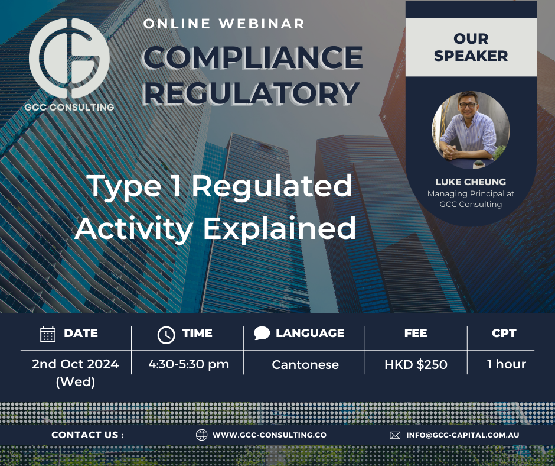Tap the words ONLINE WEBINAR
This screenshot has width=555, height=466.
coord(224,24)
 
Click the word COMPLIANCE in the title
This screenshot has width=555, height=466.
coord(253,57)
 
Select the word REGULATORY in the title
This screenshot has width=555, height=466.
coord(252,93)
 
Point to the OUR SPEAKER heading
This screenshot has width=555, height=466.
coord(471,47)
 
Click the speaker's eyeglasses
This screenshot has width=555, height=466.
coord(468,105)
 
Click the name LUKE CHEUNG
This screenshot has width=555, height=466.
coord(471,182)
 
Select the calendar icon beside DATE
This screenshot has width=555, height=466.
coord(48,334)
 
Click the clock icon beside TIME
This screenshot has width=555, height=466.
coord(166,335)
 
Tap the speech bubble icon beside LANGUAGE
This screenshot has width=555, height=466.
coord(262,334)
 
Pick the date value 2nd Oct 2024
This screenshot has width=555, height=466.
coord(76,364)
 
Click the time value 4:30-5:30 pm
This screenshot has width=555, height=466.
coord(189,364)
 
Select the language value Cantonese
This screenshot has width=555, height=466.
coord(305,364)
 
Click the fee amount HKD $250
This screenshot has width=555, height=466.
coord(416,364)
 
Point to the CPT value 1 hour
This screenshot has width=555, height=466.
coord(507,364)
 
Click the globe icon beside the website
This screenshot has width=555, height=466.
coord(202,435)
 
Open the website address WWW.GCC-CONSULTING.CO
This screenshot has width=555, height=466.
coord(269,435)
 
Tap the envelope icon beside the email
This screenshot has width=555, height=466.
coord(395,435)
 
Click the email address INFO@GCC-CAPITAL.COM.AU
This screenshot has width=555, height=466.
coord(463,435)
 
